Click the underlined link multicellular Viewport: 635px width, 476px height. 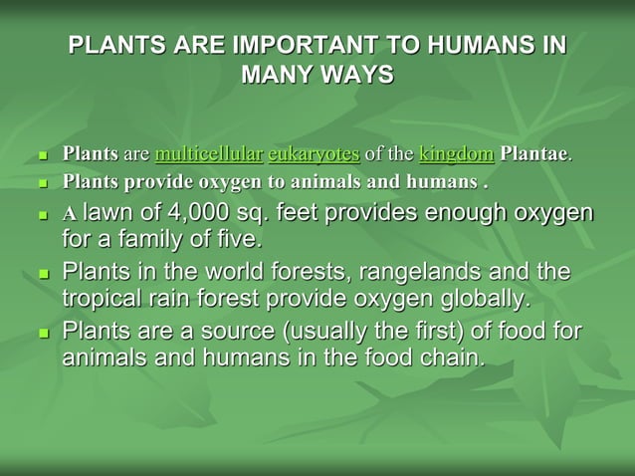pos(209,154)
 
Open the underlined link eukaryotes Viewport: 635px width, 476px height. pos(314,154)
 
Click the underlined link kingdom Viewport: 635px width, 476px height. pos(456,154)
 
